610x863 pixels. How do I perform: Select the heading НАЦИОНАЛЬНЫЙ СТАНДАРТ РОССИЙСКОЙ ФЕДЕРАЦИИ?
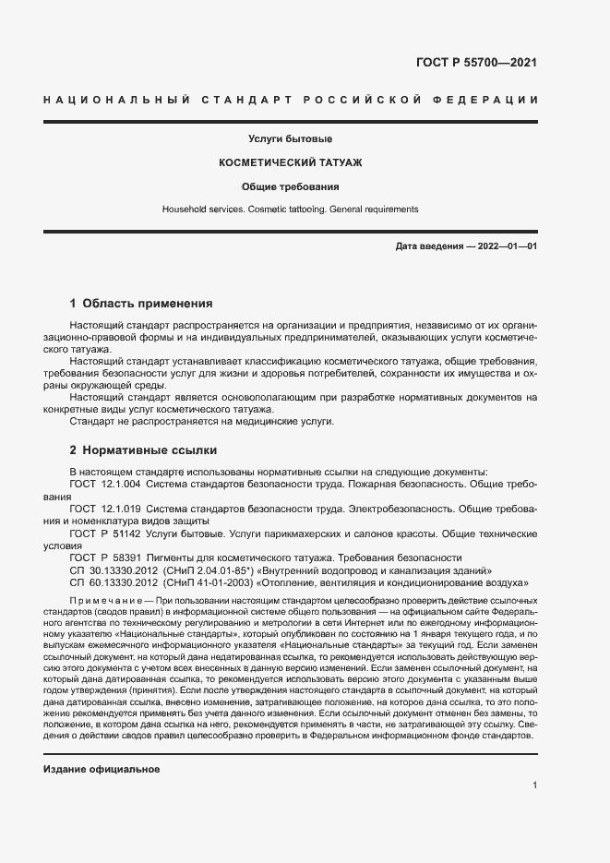click(290, 99)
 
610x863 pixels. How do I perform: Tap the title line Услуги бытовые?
click(290, 139)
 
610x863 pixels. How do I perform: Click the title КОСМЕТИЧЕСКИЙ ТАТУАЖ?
click(290, 162)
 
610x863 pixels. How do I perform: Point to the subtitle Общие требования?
click(290, 186)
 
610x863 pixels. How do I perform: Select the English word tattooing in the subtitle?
click(295, 210)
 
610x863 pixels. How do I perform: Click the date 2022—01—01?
click(506, 246)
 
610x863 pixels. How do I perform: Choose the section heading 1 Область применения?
click(141, 303)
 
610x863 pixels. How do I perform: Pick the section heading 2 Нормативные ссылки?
click(143, 450)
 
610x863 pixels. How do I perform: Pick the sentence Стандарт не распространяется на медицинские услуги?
click(201, 421)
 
